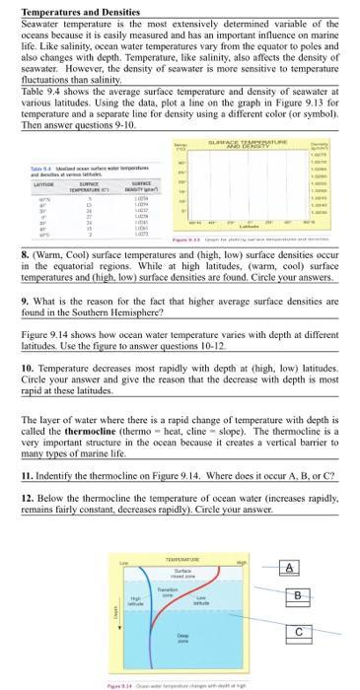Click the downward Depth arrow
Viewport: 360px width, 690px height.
click(x=116, y=611)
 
